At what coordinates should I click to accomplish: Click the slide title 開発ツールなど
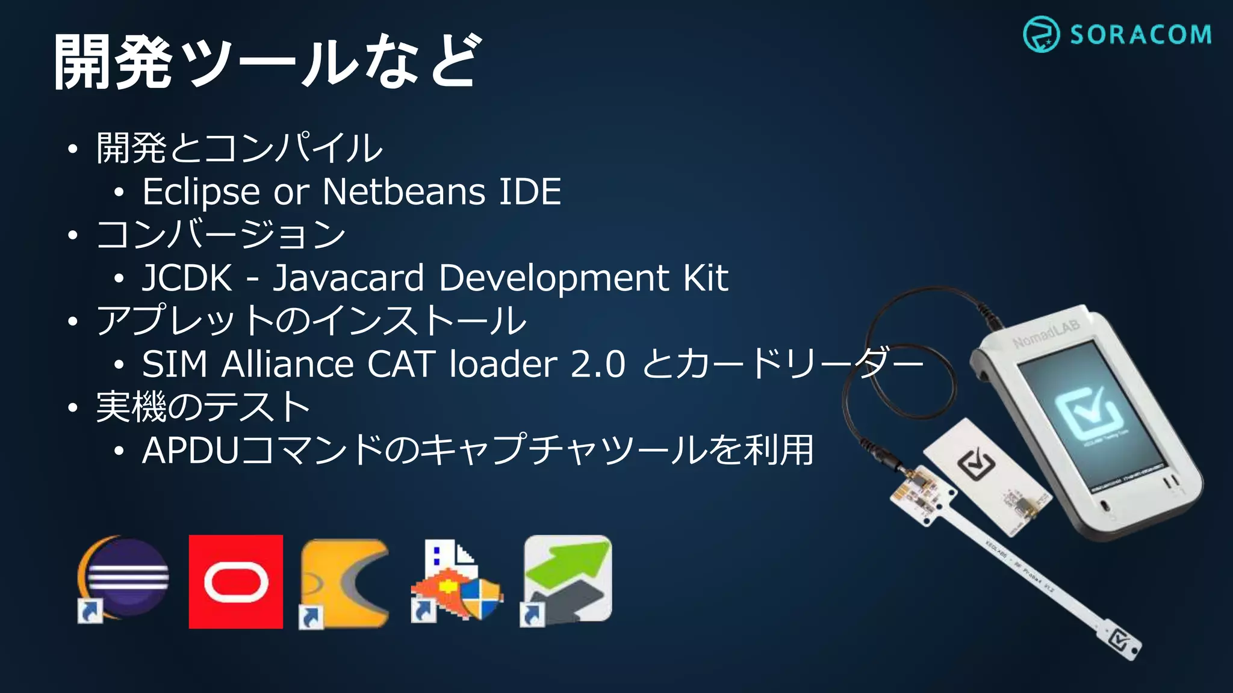pyautogui.click(x=267, y=62)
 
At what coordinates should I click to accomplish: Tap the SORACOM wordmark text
pyautogui.click(x=1140, y=35)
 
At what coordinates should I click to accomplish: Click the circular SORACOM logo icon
pyautogui.click(x=1041, y=35)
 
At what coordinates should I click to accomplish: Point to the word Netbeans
pyautogui.click(x=403, y=192)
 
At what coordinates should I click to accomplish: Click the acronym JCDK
pyautogui.click(x=187, y=278)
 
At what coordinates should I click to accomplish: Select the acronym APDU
pyautogui.click(x=191, y=451)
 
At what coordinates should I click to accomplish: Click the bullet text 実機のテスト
pyautogui.click(x=203, y=407)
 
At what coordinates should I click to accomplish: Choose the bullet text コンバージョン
pyautogui.click(x=221, y=235)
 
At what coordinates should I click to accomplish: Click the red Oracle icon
pyautogui.click(x=235, y=582)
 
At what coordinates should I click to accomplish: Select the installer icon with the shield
pyautogui.click(x=456, y=582)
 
